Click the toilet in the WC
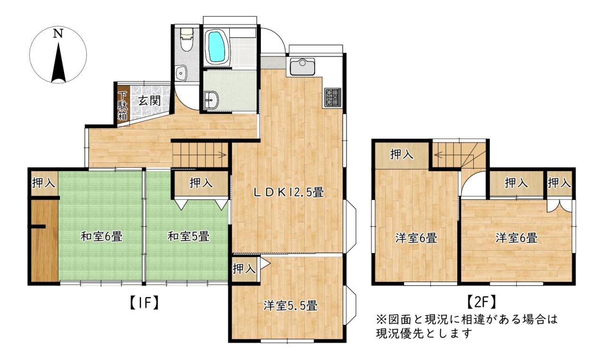click(186, 39)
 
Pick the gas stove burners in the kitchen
click(333, 97)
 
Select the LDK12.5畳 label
click(289, 193)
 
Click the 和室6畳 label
click(101, 236)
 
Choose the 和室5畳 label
click(188, 236)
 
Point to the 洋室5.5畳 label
click(290, 306)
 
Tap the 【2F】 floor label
click(481, 302)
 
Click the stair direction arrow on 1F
click(222, 155)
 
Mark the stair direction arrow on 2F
click(438, 155)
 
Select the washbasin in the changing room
click(211, 100)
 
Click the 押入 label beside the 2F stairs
click(402, 154)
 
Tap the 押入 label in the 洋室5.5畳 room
click(244, 268)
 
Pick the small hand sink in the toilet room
click(181, 73)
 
